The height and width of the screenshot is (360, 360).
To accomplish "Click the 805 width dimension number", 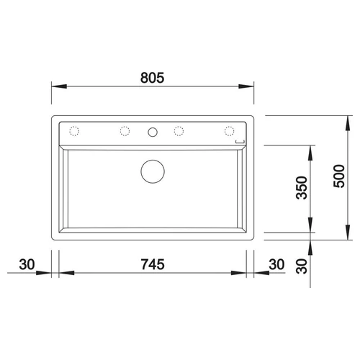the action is (x=153, y=78).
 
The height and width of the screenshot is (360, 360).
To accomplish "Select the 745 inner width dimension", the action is (x=153, y=264).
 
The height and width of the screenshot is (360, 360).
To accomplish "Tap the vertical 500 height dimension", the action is (x=339, y=176).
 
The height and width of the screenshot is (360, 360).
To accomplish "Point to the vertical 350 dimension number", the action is (x=302, y=188).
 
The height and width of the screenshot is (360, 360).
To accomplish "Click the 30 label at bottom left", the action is (x=27, y=264).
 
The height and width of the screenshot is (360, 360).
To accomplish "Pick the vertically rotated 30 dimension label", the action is (x=302, y=266).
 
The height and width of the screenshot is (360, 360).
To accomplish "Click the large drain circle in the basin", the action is (x=153, y=171).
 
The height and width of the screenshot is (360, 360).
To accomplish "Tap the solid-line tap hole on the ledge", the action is (x=153, y=132).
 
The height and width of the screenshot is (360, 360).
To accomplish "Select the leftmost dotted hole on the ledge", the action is (x=74, y=131).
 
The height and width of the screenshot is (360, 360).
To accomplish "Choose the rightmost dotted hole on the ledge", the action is (x=230, y=131).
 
